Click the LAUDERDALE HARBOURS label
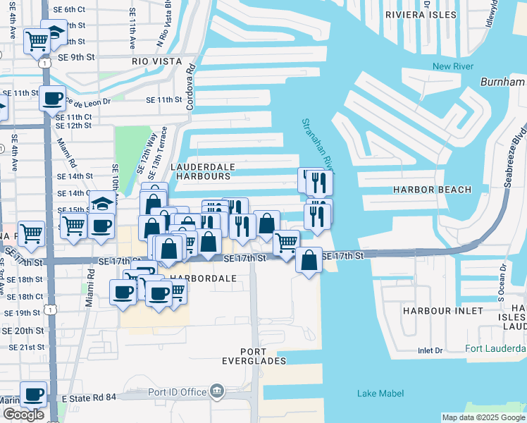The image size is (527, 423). click(203, 171)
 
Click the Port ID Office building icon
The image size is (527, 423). click(217, 391)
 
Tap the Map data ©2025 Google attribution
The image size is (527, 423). click(483, 417)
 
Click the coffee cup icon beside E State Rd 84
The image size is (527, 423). click(33, 395)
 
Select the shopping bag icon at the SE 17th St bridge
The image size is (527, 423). click(309, 260)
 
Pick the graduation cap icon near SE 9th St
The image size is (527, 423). click(54, 32)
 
